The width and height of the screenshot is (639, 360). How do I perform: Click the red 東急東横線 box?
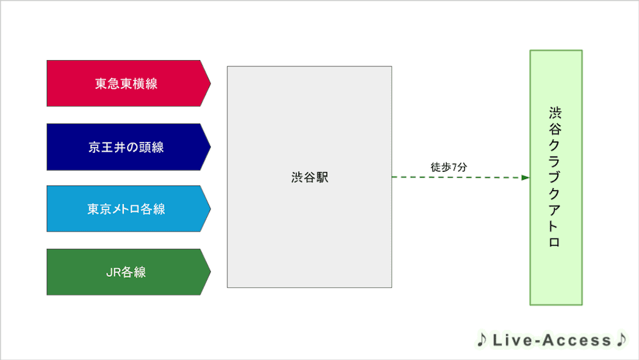point(128,84)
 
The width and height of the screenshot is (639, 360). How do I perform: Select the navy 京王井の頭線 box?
point(128,147)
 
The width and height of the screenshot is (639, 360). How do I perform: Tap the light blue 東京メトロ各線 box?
point(128,208)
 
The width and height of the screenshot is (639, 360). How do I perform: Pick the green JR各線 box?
point(128,272)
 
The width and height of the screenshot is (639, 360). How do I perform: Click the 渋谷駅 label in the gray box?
point(310,177)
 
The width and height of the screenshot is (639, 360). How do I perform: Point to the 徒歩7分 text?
point(449,167)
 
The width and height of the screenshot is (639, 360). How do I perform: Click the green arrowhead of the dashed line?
point(525,177)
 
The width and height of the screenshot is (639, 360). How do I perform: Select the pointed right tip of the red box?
point(210,84)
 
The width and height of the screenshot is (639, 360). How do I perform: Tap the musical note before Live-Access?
point(482,340)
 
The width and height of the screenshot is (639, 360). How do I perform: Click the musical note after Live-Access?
point(622,340)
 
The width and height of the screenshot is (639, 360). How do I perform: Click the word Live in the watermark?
point(512,340)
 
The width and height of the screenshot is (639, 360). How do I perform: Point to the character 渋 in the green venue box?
point(555,113)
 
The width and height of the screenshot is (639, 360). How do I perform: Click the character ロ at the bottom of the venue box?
point(555,242)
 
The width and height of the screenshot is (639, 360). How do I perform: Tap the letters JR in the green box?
point(113,272)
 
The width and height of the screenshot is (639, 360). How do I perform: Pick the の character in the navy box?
point(132,147)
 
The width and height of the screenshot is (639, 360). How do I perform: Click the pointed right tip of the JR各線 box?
point(210,272)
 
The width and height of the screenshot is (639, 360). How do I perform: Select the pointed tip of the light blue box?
point(210,208)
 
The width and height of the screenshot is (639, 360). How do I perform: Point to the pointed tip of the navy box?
point(210,147)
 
